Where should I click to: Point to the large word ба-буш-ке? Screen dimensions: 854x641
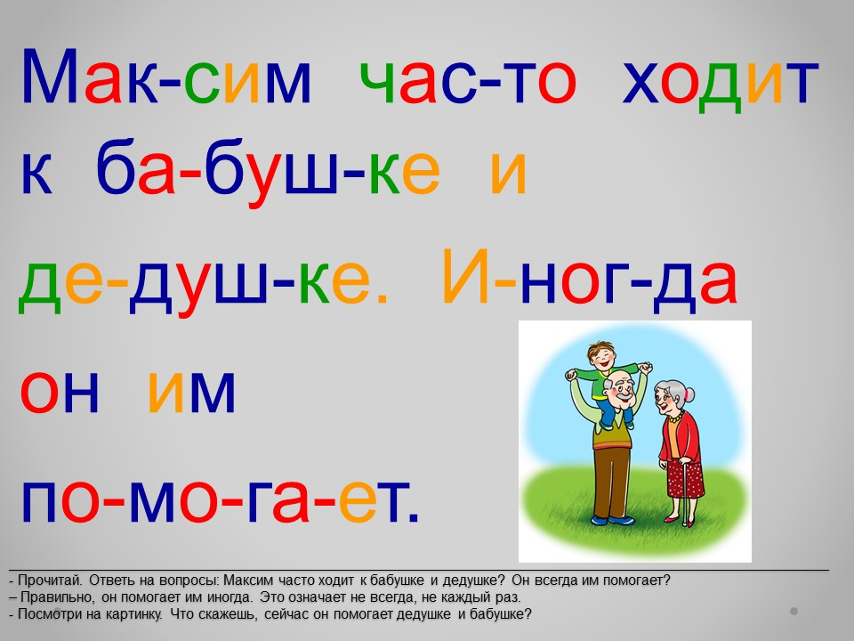coord(268,167)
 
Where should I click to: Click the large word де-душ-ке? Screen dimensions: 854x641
coord(203,283)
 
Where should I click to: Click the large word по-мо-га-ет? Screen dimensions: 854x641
coord(220,502)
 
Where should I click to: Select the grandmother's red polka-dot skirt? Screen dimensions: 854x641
coord(686,479)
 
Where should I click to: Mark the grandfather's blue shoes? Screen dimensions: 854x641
coord(612,520)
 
